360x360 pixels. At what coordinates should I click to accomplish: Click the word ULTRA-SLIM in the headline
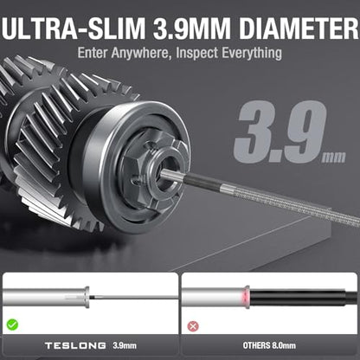coord(73,29)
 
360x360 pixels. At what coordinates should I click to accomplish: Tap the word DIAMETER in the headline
coord(299,29)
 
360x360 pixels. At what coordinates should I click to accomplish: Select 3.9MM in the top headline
coord(192,29)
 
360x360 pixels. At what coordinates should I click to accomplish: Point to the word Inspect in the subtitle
coord(196,54)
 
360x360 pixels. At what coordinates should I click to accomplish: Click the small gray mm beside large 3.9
coord(334,157)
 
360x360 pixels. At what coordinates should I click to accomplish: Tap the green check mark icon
coord(12,325)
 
